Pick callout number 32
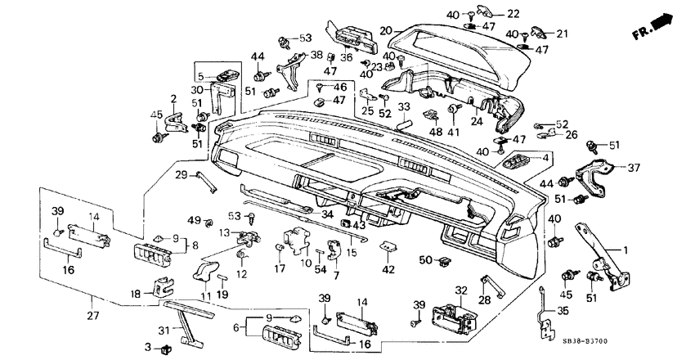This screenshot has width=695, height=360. (460, 290)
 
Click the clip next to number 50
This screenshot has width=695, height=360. (446, 262)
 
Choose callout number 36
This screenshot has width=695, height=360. (347, 56)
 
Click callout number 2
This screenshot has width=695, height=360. (173, 99)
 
